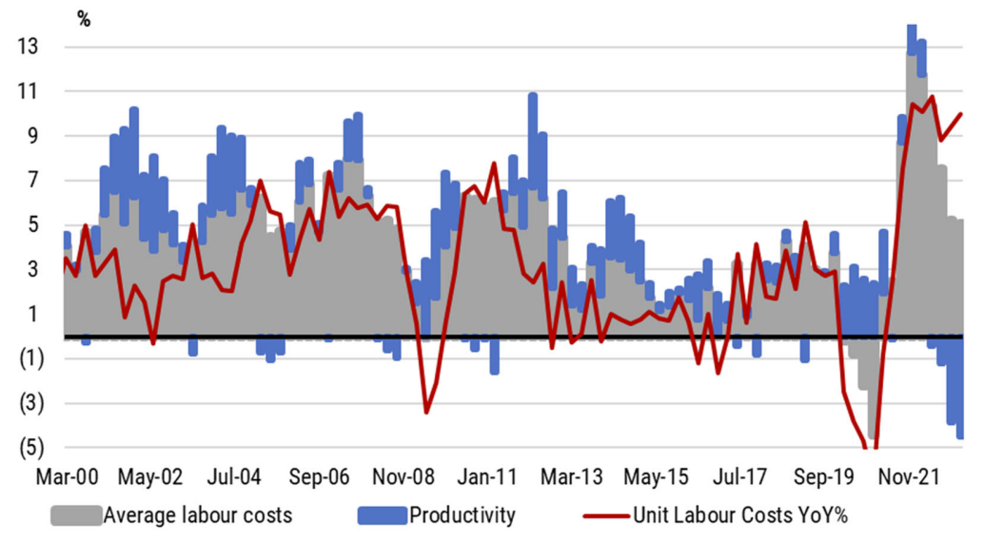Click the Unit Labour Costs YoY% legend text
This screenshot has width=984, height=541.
(x=740, y=515)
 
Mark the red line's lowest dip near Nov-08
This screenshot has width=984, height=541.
(x=426, y=412)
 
